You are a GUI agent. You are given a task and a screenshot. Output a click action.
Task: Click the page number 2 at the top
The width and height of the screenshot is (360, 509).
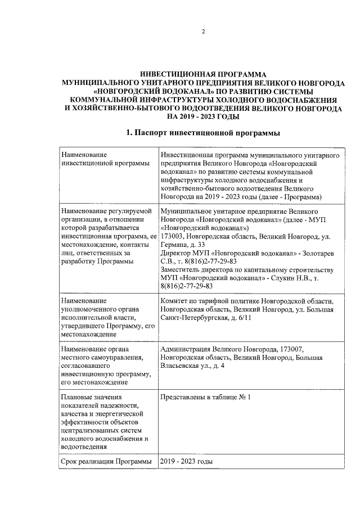pos(204,31)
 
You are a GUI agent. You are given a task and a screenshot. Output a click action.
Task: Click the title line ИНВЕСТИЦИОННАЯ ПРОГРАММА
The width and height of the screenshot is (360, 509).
pos(203,74)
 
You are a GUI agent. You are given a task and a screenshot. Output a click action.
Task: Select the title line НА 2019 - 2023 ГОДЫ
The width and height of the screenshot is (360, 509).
pos(203,116)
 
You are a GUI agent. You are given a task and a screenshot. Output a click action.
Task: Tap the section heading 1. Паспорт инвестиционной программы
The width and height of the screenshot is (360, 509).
pos(203,133)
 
